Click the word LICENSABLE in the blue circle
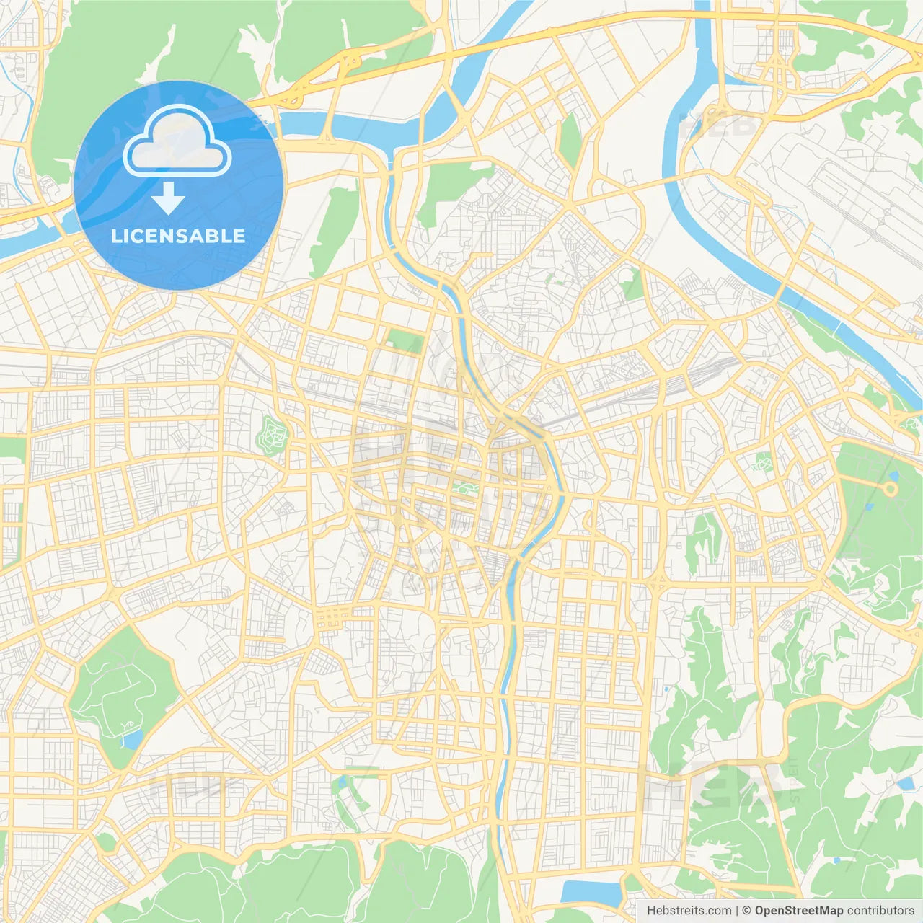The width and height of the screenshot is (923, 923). coord(178,236)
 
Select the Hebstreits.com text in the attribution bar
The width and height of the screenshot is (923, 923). coord(689,911)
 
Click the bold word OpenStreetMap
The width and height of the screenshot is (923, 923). coord(798,911)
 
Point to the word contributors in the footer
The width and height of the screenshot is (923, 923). coord(880,911)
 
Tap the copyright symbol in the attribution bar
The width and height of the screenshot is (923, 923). coord(747,911)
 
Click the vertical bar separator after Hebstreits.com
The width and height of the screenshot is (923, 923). coord(737,911)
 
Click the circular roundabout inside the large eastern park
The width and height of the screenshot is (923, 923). coord(891,489)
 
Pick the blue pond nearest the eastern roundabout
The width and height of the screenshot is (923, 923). coord(894,476)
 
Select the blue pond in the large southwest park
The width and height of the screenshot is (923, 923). coord(132,739)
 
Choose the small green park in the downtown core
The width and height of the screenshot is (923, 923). coord(461,489)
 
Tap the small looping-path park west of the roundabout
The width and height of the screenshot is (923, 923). coord(763,461)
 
